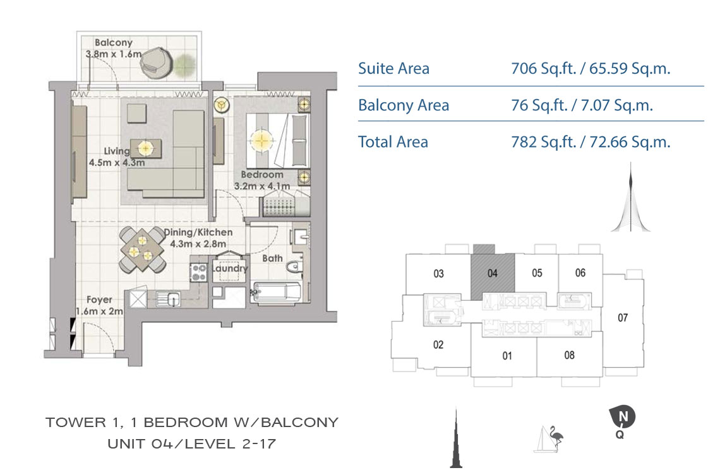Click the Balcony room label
pos(114,43)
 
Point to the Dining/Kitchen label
pos(198,232)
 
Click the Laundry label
pos(229,268)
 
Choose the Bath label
pos(272,258)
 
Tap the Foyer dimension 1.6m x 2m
pos(99,311)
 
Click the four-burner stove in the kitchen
pos(200,272)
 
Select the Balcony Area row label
pos(403,105)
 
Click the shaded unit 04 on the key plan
pos(493,273)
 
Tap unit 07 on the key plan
pos(623,317)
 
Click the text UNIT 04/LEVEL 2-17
pos(191,444)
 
